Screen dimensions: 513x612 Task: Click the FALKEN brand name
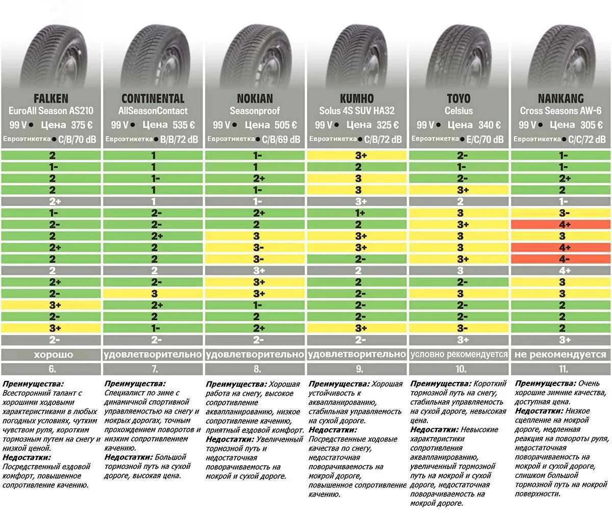pos(51,98)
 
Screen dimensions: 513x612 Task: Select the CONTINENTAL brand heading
pos(153,98)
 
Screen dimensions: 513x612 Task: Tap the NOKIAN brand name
pos(255,98)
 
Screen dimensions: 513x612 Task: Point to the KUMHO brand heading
pos(357,98)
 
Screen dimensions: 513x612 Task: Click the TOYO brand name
pos(459,98)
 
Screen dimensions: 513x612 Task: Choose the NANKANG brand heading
pos(561,98)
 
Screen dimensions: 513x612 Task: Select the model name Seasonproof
pos(255,111)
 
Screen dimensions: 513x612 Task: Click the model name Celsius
pos(459,111)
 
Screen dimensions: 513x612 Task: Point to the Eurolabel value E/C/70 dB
pos(485,139)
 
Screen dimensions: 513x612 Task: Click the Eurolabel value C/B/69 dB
pos(281,139)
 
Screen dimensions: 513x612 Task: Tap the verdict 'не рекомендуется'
pos(561,354)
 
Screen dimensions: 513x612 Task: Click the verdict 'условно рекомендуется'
pos(459,354)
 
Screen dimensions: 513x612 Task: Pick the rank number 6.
pos(51,369)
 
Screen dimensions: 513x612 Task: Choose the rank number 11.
pos(561,369)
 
